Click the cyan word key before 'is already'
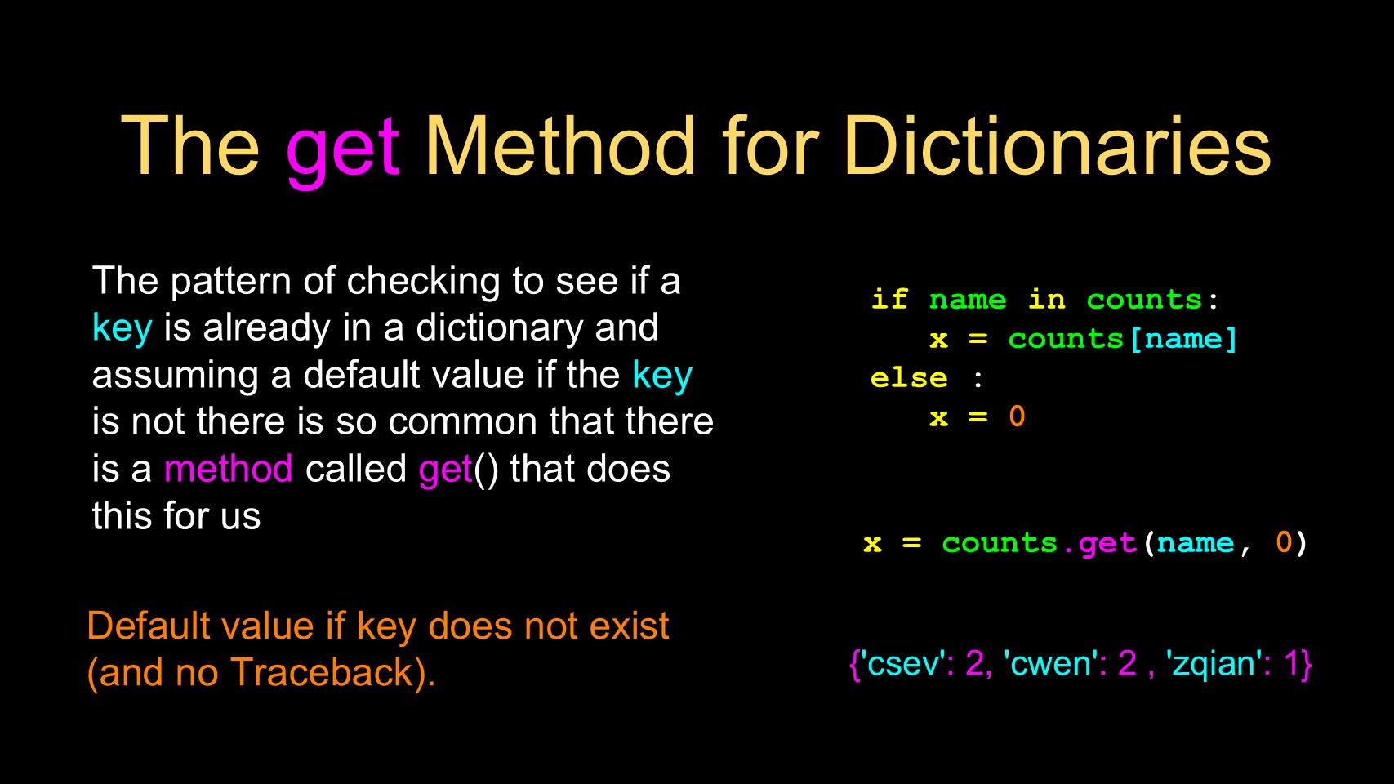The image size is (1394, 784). point(122,328)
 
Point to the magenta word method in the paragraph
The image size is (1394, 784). point(229,468)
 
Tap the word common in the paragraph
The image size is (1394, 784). point(462,422)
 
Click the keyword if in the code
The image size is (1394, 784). point(889,299)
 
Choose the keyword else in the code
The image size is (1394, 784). point(909,377)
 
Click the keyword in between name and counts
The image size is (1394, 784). point(1046,299)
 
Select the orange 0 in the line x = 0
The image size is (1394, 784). point(1017,416)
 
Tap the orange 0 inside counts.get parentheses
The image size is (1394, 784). point(1283,542)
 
